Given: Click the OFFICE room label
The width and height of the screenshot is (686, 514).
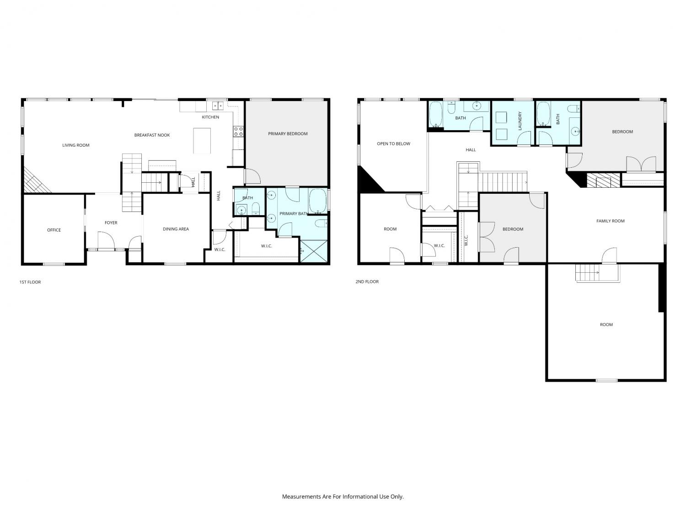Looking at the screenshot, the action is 54,230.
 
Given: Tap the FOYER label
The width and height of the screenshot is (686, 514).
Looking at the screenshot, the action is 111,223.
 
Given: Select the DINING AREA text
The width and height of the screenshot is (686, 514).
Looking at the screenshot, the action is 176,229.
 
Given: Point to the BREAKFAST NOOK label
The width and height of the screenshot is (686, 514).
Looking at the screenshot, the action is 152,135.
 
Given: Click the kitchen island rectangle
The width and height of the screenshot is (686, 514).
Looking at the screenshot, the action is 202,141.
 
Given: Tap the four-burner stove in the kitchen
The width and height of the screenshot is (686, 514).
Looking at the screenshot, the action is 238,132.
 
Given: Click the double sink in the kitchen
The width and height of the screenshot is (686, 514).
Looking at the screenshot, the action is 218,106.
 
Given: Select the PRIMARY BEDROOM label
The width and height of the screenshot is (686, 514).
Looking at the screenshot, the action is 288,133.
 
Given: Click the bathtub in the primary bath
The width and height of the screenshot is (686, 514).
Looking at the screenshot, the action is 317,201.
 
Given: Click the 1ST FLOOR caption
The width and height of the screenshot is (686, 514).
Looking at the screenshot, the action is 30,282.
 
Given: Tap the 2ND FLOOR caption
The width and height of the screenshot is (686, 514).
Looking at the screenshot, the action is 367,281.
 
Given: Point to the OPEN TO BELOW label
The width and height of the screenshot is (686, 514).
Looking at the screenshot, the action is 393,143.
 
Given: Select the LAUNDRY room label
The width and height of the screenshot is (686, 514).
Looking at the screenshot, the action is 520,121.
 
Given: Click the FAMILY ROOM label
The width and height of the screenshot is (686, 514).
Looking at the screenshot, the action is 611,221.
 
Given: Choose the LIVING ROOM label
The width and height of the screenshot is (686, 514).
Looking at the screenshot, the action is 75,145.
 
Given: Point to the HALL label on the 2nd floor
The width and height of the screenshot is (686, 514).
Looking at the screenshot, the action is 471,150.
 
